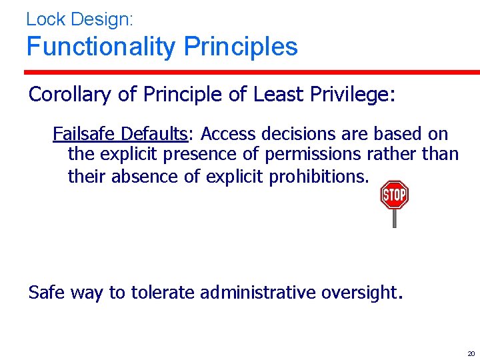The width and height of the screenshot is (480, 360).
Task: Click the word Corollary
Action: tap(71, 95)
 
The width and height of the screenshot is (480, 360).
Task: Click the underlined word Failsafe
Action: tap(85, 134)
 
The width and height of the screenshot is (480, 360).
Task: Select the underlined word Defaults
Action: tap(155, 134)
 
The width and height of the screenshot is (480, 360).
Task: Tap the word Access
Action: tap(229, 134)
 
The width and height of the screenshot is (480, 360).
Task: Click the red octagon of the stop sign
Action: tap(394, 195)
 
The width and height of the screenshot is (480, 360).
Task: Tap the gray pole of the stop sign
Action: tap(394, 219)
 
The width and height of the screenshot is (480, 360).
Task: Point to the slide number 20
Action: tap(471, 353)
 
